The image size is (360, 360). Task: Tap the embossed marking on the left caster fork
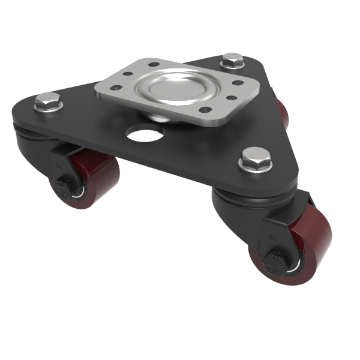[x=58, y=163]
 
